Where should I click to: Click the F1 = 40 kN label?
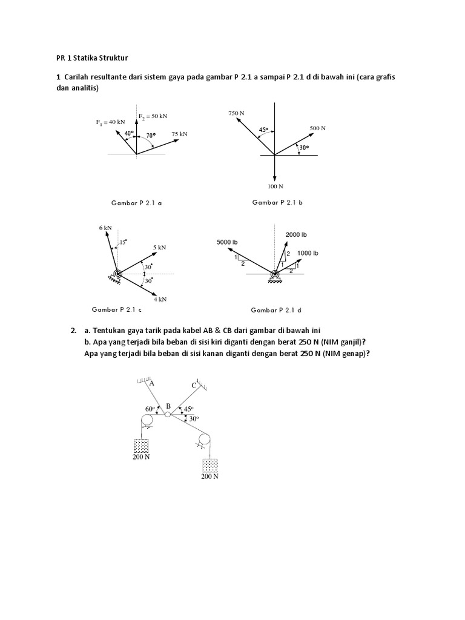(x=110, y=122)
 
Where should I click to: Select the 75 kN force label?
(x=179, y=133)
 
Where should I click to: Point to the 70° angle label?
(x=151, y=136)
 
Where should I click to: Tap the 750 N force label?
(x=236, y=113)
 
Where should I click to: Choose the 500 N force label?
(x=317, y=128)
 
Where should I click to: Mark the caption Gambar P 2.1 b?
(x=277, y=202)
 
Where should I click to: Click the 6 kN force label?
(x=105, y=228)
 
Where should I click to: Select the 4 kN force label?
(x=159, y=299)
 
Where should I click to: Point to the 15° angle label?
(x=124, y=242)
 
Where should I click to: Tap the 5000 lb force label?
(x=227, y=243)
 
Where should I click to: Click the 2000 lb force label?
(x=296, y=234)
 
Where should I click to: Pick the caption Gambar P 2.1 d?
(x=276, y=310)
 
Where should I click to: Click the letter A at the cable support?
(x=151, y=383)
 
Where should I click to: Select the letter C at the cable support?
(x=194, y=385)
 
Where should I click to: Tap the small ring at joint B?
(x=168, y=414)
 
